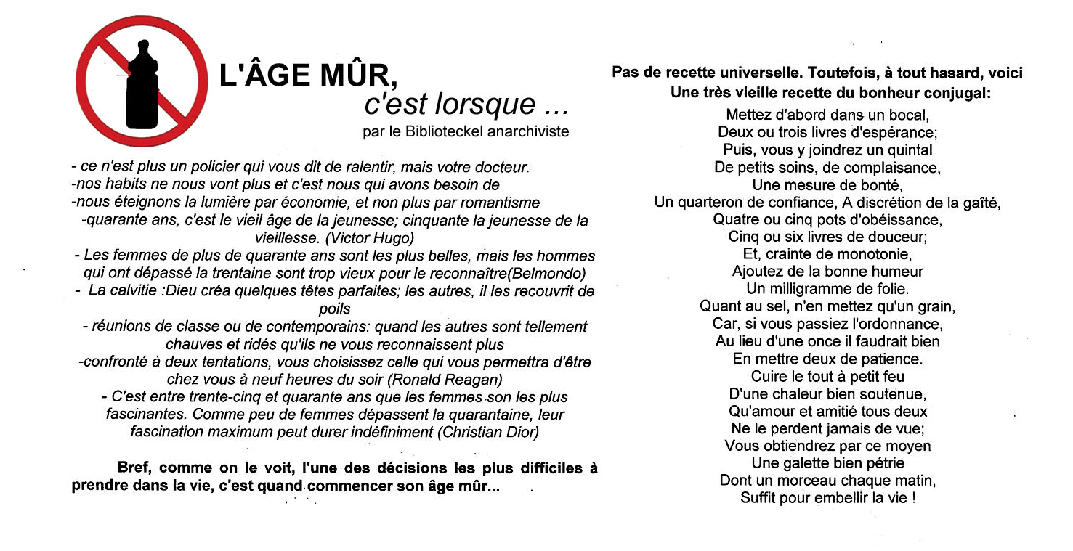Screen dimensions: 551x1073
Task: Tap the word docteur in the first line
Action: [503, 167]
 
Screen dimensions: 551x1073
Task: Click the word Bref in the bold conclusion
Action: [133, 468]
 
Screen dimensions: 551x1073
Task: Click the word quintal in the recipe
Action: [907, 150]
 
